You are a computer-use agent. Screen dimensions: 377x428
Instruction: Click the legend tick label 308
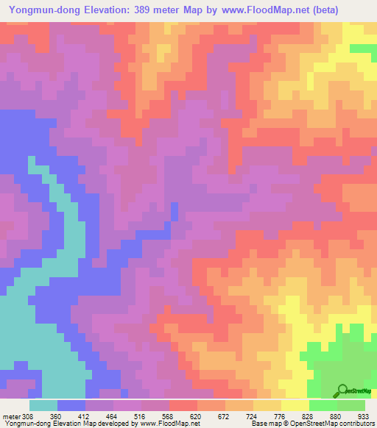pos(26,415)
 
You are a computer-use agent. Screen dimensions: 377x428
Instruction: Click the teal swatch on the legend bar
pos(43,405)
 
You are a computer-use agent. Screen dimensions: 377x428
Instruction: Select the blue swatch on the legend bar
pos(71,405)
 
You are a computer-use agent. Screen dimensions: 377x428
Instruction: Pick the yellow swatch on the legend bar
pos(295,405)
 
